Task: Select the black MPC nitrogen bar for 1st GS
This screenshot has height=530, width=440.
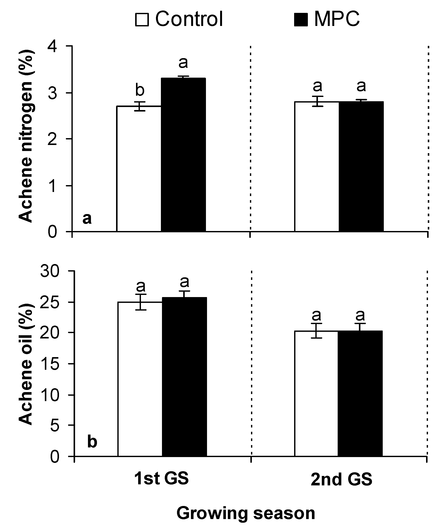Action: (x=183, y=154)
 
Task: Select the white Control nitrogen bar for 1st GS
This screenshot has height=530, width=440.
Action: (x=139, y=169)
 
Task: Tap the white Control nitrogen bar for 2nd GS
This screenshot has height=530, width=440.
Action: (x=317, y=167)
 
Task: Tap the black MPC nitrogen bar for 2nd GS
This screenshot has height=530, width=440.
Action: (x=361, y=167)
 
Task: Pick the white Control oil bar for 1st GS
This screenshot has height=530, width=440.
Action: (x=140, y=379)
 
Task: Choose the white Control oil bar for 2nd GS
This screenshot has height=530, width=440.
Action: (x=316, y=394)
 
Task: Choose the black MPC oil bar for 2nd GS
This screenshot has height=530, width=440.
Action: (x=360, y=394)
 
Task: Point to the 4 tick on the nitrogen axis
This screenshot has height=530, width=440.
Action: (x=53, y=47)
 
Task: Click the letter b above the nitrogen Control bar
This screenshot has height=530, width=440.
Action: (x=140, y=90)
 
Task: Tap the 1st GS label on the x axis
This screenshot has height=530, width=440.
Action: (x=161, y=478)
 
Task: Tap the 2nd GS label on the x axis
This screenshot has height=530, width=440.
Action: (x=341, y=479)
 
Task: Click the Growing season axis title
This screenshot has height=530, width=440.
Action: (x=246, y=513)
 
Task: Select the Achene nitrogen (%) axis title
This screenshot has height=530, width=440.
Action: (x=26, y=136)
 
